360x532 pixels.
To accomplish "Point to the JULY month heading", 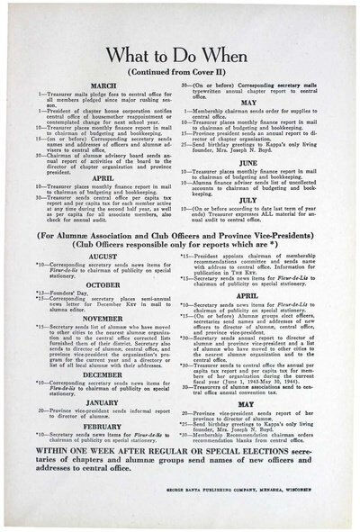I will click(x=256, y=202).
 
